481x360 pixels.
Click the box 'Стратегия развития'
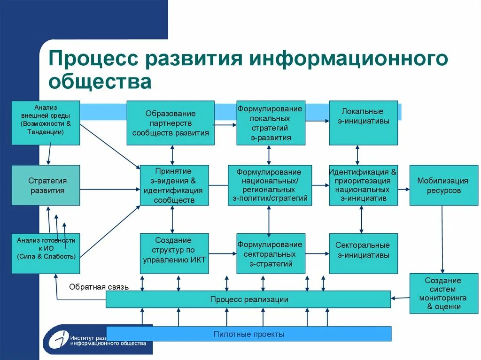[46, 185]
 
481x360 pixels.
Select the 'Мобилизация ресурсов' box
[443, 185]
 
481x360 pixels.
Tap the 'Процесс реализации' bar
[248, 299]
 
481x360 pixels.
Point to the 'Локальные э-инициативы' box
[363, 123]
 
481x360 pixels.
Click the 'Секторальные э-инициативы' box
[363, 253]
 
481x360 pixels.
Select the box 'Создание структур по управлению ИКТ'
[174, 253]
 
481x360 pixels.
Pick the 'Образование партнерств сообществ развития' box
[171, 123]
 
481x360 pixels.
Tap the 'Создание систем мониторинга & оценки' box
[443, 293]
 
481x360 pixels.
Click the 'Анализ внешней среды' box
[46, 123]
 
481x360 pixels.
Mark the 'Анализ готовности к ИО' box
[46, 253]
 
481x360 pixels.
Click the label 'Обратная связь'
[99, 286]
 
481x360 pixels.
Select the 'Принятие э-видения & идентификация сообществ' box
[174, 185]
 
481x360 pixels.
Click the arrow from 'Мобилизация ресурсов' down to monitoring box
[442, 239]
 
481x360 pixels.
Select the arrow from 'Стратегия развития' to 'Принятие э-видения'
[110, 189]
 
